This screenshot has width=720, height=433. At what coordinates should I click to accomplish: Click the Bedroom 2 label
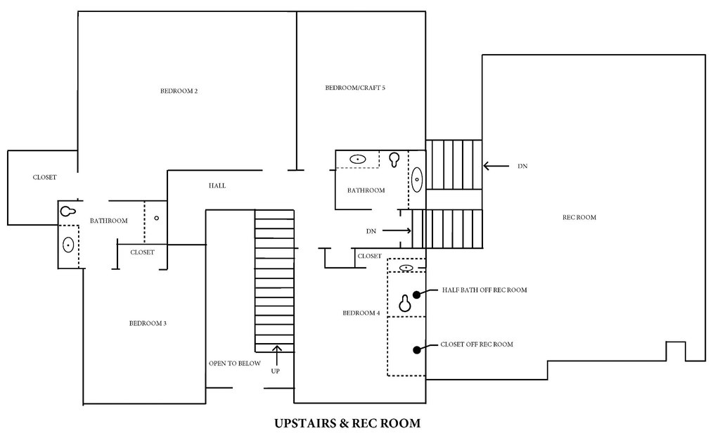pyautogui.click(x=179, y=91)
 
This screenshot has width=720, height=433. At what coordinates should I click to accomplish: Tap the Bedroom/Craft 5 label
pyautogui.click(x=355, y=88)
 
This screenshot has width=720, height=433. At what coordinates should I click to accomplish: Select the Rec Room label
pyautogui.click(x=579, y=217)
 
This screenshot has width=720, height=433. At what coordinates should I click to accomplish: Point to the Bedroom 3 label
pyautogui.click(x=148, y=323)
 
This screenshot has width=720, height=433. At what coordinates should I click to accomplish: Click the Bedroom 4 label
pyautogui.click(x=361, y=314)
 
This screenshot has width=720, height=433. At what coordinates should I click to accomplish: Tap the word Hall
pyautogui.click(x=217, y=186)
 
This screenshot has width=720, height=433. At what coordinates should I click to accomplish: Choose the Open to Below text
pyautogui.click(x=235, y=363)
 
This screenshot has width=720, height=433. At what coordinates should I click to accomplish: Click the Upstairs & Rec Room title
pyautogui.click(x=347, y=423)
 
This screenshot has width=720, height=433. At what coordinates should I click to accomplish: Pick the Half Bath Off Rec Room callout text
pyautogui.click(x=484, y=290)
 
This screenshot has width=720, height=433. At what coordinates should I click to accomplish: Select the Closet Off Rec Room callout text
pyautogui.click(x=477, y=344)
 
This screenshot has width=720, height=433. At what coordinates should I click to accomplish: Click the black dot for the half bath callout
pyautogui.click(x=416, y=295)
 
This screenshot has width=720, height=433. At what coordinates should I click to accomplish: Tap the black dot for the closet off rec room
pyautogui.click(x=416, y=350)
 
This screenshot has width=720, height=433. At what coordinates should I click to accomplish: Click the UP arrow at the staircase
pyautogui.click(x=276, y=356)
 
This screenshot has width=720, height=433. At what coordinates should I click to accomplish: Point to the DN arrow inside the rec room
pyautogui.click(x=496, y=166)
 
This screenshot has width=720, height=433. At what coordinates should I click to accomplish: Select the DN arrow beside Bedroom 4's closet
pyautogui.click(x=397, y=231)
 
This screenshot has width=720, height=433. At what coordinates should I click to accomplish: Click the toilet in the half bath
pyautogui.click(x=404, y=303)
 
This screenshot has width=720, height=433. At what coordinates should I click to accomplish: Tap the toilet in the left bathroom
pyautogui.click(x=68, y=211)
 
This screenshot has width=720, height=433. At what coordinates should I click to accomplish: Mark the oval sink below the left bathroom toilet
pyautogui.click(x=68, y=245)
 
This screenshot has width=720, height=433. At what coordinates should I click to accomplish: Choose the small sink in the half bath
pyautogui.click(x=406, y=267)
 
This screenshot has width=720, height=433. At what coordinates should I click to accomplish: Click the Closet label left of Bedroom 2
pyautogui.click(x=44, y=177)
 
